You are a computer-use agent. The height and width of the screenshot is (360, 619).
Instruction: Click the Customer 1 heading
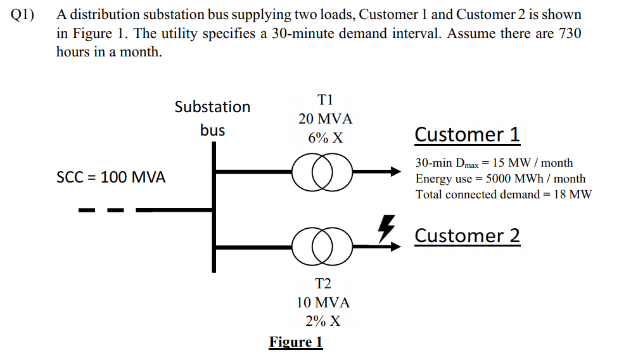(x=467, y=134)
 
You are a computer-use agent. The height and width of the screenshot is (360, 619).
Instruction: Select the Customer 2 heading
(x=467, y=236)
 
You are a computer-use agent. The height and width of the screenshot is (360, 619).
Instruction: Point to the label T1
(x=325, y=100)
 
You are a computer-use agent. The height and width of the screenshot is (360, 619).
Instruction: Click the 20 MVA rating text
(x=325, y=119)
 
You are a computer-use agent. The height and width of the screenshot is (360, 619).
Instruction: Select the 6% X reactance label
(x=325, y=138)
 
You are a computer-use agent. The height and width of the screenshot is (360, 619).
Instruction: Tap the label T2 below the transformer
(x=323, y=283)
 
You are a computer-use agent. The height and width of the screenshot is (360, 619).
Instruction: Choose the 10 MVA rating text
(x=323, y=302)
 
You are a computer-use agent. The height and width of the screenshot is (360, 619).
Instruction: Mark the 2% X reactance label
(x=323, y=321)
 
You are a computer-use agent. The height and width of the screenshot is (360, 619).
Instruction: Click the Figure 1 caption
(x=296, y=342)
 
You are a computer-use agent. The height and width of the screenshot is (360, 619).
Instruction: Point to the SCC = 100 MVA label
(x=111, y=177)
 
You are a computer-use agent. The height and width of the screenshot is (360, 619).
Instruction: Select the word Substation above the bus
(x=212, y=106)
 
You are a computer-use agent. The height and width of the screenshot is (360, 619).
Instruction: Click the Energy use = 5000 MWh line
(x=500, y=179)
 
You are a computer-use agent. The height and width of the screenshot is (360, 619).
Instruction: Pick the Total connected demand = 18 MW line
(x=503, y=195)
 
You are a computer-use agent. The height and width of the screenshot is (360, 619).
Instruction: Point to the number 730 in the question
(x=568, y=34)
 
